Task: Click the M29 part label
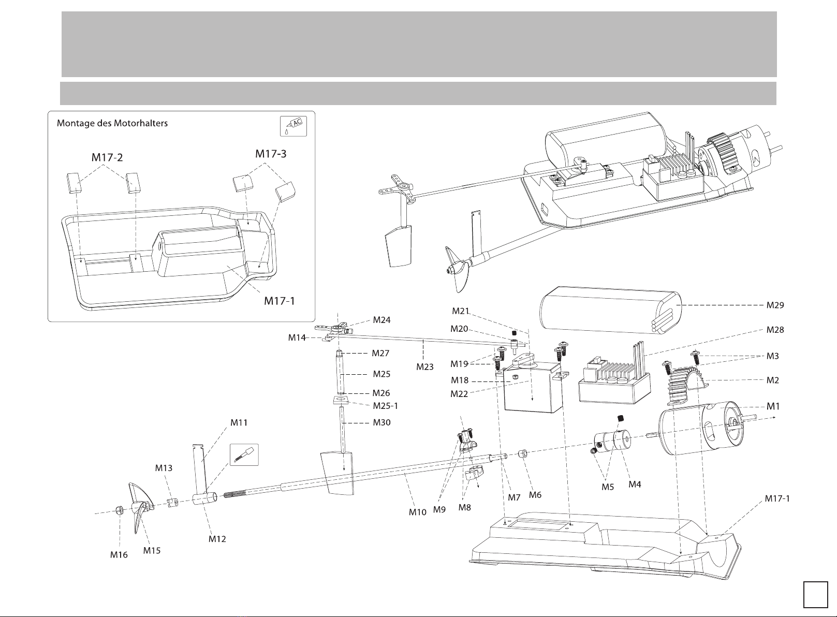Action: (x=775, y=305)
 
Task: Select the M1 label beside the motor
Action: (x=773, y=406)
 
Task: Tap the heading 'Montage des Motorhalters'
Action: (x=112, y=123)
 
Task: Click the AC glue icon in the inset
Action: (x=292, y=126)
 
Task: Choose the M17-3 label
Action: (x=273, y=154)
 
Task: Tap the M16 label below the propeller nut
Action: (x=119, y=555)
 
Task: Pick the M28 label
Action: (x=775, y=330)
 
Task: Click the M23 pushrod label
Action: (x=425, y=367)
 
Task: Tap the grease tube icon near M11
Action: (x=244, y=454)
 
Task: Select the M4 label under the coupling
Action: (x=635, y=484)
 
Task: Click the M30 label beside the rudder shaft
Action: (x=381, y=422)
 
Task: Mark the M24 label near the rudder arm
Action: (x=381, y=320)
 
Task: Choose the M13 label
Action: (x=164, y=468)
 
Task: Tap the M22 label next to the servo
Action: (x=460, y=393)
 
